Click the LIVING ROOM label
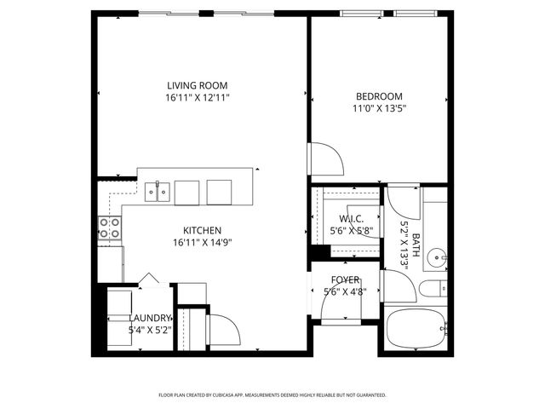pyautogui.click(x=198, y=85)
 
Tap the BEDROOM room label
pyautogui.click(x=378, y=96)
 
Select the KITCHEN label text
pyautogui.click(x=202, y=230)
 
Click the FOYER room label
pyautogui.click(x=345, y=280)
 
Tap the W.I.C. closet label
pyautogui.click(x=351, y=219)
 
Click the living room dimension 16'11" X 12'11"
pyautogui.click(x=198, y=98)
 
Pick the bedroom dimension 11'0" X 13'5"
pyautogui.click(x=378, y=108)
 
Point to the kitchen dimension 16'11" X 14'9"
pyautogui.click(x=202, y=242)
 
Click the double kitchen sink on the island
pyautogui.click(x=157, y=193)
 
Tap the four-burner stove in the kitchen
pyautogui.click(x=110, y=228)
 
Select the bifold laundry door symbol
pyautogui.click(x=149, y=279)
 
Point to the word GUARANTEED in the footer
pyautogui.click(x=369, y=395)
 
